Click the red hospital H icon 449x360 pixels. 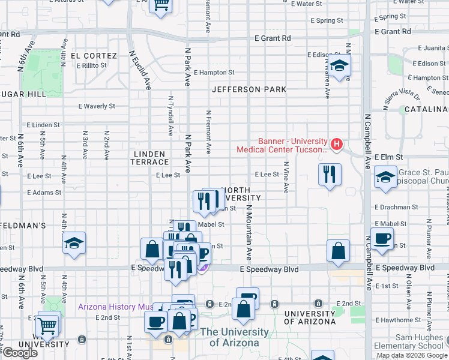[x=337, y=144]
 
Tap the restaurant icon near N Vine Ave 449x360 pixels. [x=330, y=175]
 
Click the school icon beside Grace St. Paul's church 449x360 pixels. [x=385, y=177]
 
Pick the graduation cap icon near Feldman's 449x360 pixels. [x=74, y=243]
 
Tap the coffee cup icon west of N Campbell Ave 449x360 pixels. [x=382, y=239]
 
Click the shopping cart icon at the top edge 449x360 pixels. [x=160, y=5]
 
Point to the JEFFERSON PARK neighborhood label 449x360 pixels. [x=249, y=89]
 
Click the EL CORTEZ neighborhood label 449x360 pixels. [x=94, y=56]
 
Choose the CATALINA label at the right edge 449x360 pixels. [x=426, y=109]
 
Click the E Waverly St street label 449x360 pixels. [x=97, y=106]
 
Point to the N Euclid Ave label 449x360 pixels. [x=139, y=70]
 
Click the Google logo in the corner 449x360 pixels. [x=19, y=353]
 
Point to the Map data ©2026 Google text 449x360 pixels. [x=412, y=355]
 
